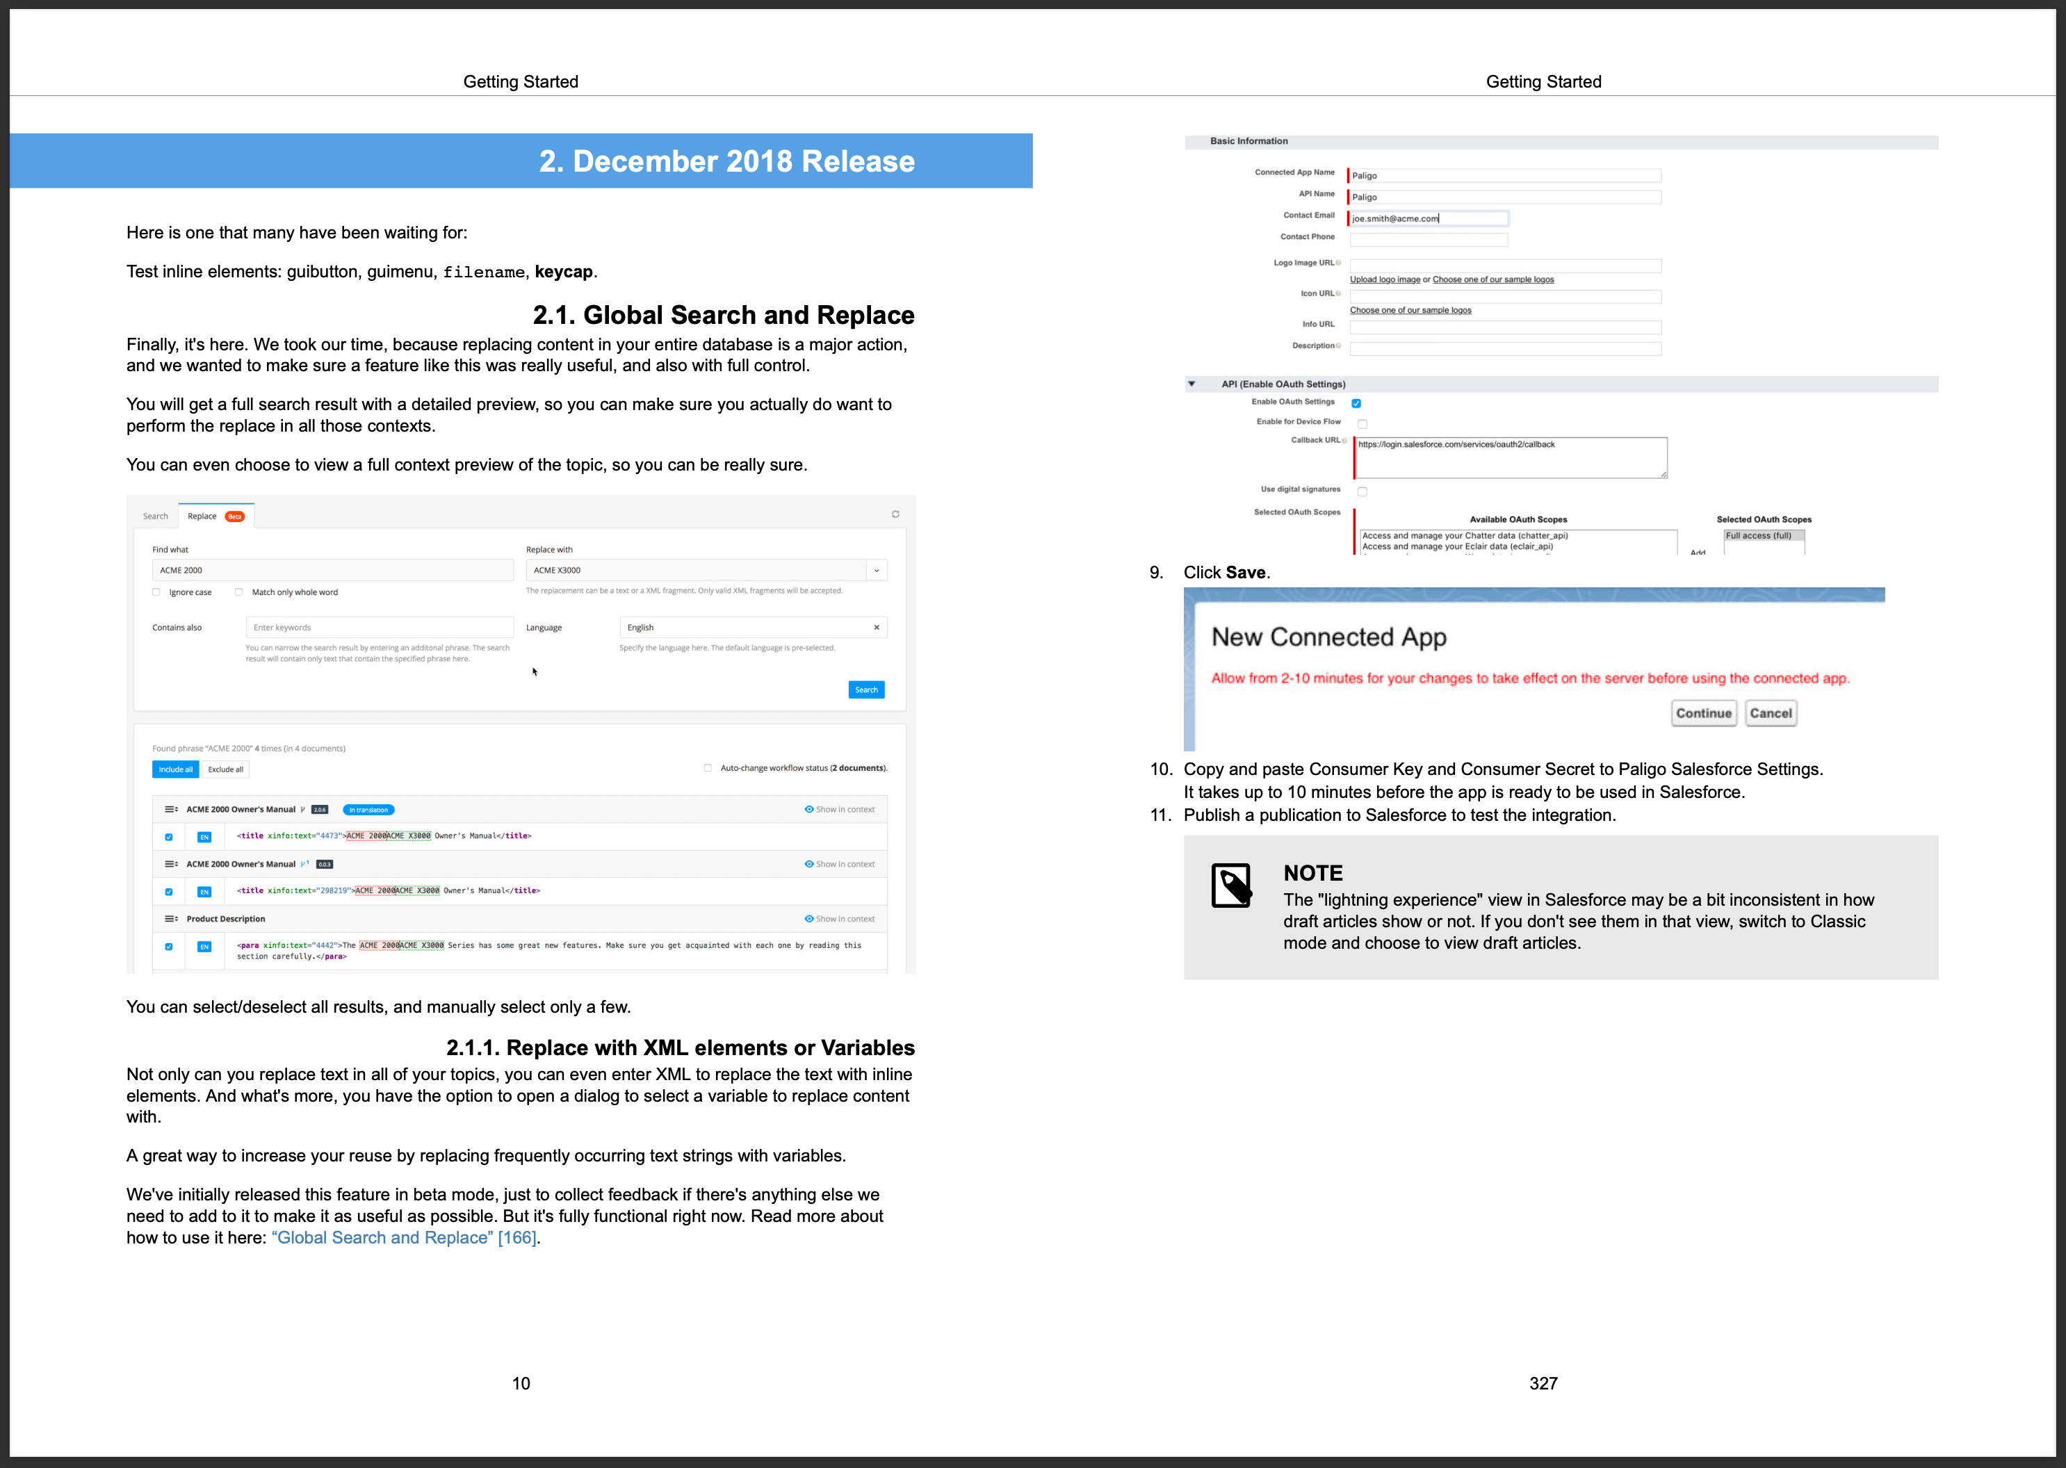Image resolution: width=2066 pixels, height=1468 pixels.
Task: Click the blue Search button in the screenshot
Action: coord(865,690)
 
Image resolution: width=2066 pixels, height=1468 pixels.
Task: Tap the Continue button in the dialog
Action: coord(1702,713)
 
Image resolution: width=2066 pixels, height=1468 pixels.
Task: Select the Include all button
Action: coord(175,769)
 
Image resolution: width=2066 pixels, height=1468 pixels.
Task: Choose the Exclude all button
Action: coord(225,769)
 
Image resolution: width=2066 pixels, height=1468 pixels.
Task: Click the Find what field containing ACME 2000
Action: coord(332,571)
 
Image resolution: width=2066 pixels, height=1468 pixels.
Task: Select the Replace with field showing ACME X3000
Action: coord(697,571)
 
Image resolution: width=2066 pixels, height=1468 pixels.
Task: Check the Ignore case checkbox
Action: coord(156,593)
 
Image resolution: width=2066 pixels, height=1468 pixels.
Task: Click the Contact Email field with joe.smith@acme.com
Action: coord(1429,219)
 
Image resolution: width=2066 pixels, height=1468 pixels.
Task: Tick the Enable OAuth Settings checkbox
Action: coord(1356,403)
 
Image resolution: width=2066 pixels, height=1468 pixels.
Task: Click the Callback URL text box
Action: coord(1510,458)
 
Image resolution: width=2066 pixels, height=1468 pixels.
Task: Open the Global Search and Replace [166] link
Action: coord(403,1237)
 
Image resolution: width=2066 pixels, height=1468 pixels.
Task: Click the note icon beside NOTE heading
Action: coord(1230,885)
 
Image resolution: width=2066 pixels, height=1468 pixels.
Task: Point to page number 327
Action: coord(1543,1383)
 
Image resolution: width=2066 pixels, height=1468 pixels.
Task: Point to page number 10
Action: coord(521,1383)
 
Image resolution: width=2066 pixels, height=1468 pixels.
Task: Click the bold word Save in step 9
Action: coord(1245,572)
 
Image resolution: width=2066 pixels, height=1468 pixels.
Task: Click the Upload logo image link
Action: coord(1384,279)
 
